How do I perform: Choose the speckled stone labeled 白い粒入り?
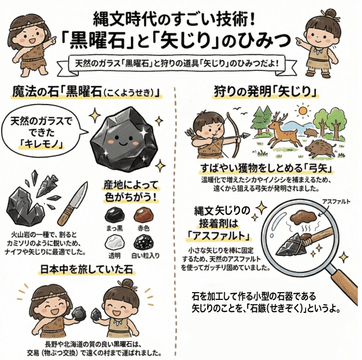(143, 241)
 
